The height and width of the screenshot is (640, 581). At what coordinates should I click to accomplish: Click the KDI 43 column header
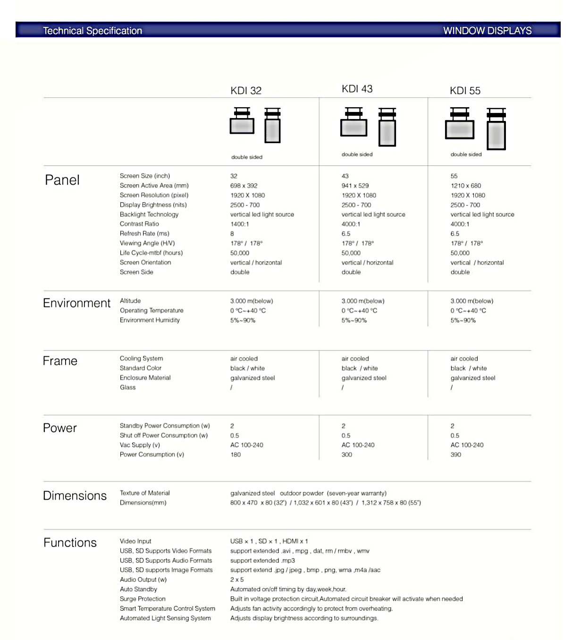[x=357, y=89]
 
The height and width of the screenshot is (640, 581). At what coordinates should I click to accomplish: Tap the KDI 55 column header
[x=465, y=91]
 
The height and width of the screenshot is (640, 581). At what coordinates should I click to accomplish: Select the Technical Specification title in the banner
[x=93, y=31]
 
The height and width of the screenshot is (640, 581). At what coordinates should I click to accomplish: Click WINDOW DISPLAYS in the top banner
[x=487, y=31]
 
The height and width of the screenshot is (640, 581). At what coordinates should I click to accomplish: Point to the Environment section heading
[x=76, y=303]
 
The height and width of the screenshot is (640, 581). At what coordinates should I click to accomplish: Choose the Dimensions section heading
[x=75, y=495]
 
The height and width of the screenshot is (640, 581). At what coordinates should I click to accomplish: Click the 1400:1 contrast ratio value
[x=239, y=224]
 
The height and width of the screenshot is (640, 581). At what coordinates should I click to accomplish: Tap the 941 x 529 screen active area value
[x=355, y=186]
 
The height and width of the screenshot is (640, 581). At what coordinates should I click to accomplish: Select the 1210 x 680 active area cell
[x=465, y=186]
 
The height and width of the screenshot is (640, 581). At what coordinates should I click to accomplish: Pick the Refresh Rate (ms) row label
[x=144, y=233]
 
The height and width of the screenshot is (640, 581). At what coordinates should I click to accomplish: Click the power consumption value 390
[x=455, y=455]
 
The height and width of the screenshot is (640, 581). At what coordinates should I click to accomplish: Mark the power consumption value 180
[x=236, y=455]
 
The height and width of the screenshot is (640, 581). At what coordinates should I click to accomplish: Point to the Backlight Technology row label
[x=149, y=214]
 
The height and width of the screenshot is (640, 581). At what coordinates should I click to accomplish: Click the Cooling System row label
[x=141, y=358]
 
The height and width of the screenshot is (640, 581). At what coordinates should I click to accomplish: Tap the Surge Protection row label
[x=143, y=599]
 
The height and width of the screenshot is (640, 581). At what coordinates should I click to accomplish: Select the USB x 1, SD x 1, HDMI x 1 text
[x=269, y=541]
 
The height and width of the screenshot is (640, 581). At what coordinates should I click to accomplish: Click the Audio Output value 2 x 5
[x=237, y=580]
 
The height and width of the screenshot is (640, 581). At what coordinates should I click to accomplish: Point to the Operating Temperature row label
[x=152, y=310]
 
